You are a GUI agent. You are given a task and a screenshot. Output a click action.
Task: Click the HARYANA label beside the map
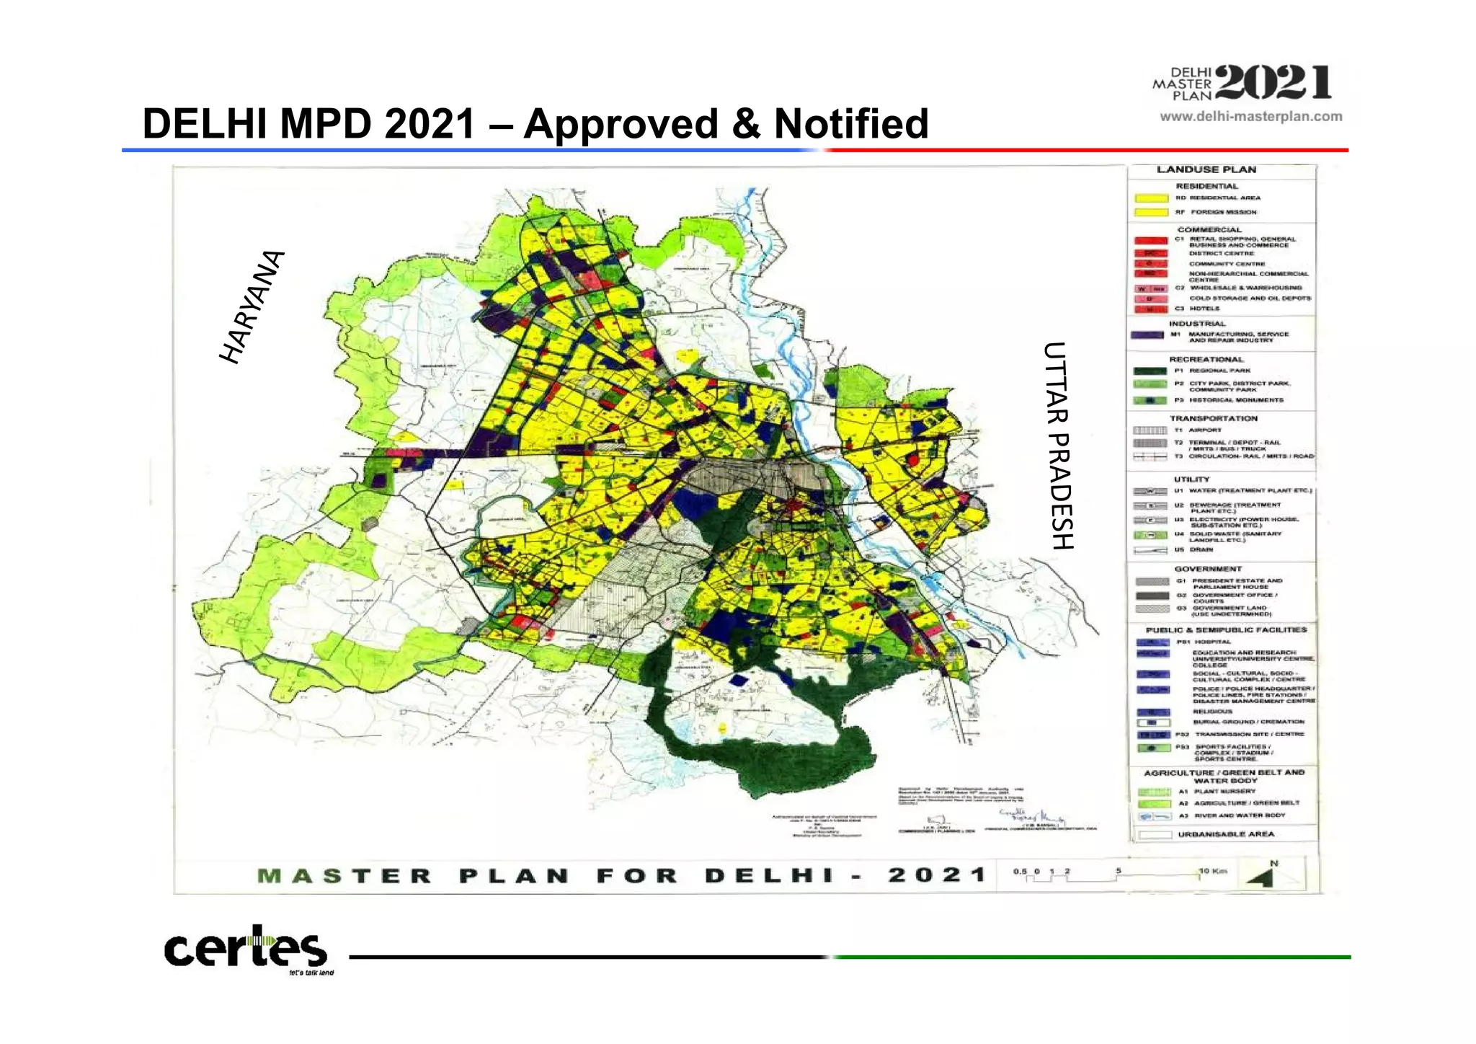(252, 307)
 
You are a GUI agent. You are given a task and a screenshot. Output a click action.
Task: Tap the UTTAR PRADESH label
(1058, 446)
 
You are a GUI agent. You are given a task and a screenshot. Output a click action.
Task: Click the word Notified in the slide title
(851, 123)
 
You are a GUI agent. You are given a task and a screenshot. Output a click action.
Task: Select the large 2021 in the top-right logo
(1274, 83)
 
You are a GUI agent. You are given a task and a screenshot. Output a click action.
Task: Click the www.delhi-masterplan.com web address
(1250, 116)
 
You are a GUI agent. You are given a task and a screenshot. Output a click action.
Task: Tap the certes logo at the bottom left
(246, 950)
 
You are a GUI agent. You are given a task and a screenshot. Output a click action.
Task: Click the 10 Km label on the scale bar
(1213, 871)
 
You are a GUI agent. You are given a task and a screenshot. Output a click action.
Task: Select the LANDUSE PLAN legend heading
(1206, 169)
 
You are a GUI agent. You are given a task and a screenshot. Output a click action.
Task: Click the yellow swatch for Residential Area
(1151, 198)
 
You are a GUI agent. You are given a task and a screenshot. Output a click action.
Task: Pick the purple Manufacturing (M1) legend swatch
(1147, 335)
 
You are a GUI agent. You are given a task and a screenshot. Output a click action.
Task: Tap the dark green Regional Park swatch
(1150, 371)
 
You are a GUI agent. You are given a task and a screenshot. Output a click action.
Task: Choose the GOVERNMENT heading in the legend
(1207, 569)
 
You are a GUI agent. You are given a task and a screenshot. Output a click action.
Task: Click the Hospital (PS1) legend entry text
(1213, 642)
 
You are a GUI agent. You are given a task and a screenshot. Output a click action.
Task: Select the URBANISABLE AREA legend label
(1226, 834)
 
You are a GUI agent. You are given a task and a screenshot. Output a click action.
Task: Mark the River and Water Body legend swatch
(1153, 816)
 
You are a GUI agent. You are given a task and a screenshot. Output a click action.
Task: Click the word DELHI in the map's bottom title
(770, 875)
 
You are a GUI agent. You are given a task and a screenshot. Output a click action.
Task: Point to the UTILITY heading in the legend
(1191, 479)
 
